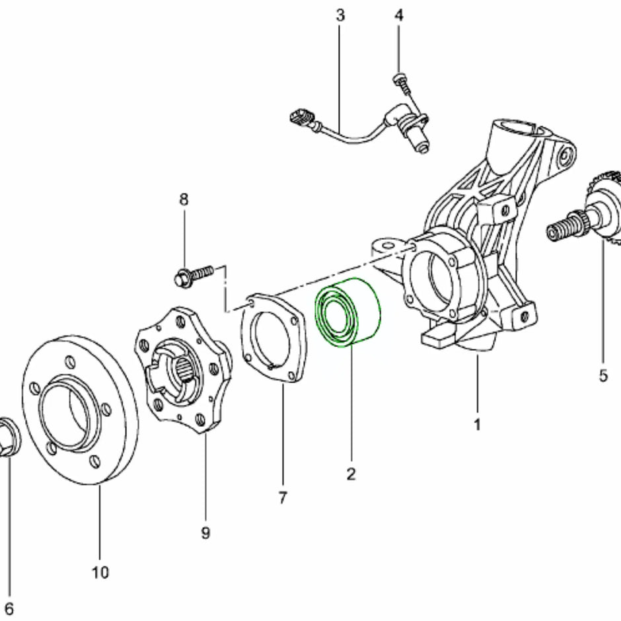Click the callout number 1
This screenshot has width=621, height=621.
tap(478, 423)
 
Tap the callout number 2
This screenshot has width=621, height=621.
tap(351, 473)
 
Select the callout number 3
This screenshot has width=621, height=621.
tap(340, 15)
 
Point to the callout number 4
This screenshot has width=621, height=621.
tap(398, 15)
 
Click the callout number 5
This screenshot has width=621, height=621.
tap(603, 375)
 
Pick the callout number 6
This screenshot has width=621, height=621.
tap(9, 607)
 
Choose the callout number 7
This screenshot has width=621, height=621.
tap(283, 497)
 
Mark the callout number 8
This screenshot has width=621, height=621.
tap(184, 198)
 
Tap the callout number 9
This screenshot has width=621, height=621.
tap(205, 532)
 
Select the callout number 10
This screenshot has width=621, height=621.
tap(100, 571)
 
